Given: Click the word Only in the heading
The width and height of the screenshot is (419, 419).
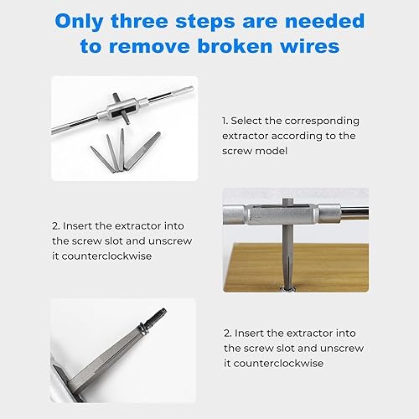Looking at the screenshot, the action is [79, 22].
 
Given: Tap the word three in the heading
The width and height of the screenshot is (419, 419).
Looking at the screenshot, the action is [140, 21].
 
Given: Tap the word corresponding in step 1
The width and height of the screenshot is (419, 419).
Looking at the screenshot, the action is [322, 122].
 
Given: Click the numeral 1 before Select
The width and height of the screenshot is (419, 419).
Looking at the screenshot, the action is [225, 121].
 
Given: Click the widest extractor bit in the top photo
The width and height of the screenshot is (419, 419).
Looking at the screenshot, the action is [142, 151].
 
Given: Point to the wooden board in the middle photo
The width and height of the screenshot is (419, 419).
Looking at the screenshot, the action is [296, 267].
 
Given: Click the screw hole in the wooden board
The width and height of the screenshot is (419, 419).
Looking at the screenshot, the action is [287, 288].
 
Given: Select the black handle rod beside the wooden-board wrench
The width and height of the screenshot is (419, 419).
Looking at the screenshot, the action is [354, 211].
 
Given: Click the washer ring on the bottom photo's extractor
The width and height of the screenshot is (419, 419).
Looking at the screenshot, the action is [143, 329].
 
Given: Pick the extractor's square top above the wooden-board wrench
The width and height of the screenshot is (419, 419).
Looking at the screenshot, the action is [286, 202].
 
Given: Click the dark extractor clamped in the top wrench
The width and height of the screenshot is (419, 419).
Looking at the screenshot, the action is [122, 108].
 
